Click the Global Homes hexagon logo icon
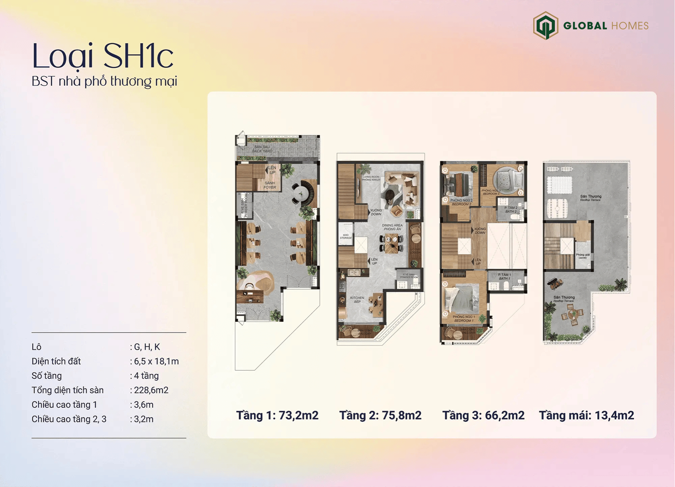pos(545,26)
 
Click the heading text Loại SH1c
pos(103,56)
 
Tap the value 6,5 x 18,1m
pos(156,361)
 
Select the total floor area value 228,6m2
pos(151,390)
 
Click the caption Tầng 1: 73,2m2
pos(277,415)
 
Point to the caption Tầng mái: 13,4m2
pos(586,415)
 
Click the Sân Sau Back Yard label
pos(262,149)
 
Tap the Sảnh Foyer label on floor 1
pos(270,185)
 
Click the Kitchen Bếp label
pos(357,299)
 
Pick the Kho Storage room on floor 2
pos(346,236)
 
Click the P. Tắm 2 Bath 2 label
pos(511,209)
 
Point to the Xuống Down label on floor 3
pos(480,231)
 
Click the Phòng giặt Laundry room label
pos(583,256)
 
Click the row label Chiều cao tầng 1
pos(64,404)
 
